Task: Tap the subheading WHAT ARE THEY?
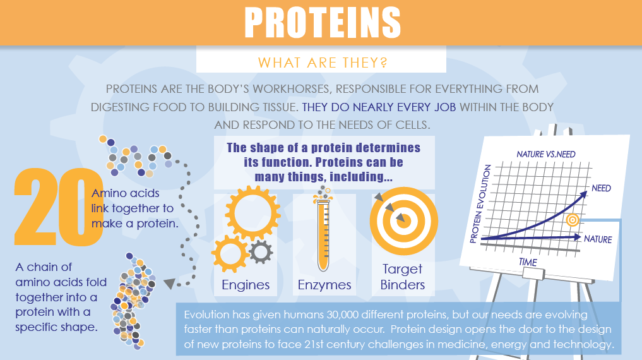click(322, 63)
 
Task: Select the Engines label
click(246, 285)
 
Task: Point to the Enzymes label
click(324, 285)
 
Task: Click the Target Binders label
click(401, 277)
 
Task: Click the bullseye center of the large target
click(402, 220)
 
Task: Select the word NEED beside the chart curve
click(601, 188)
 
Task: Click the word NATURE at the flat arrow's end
click(598, 239)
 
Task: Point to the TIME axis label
click(528, 262)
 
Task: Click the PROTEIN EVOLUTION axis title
click(478, 205)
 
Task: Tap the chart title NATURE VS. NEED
click(546, 154)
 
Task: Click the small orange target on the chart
click(573, 220)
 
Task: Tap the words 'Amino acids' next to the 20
click(126, 193)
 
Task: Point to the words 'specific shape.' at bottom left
click(57, 327)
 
